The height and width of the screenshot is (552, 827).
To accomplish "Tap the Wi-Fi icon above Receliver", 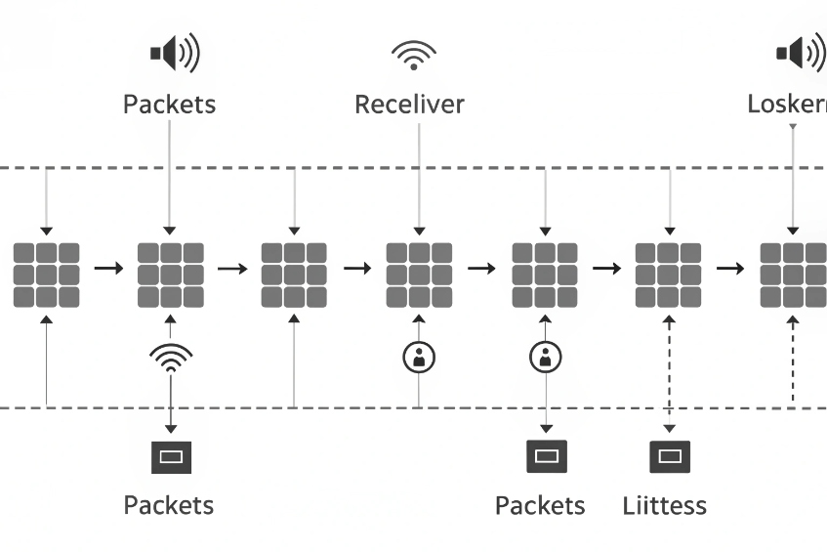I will pyautogui.click(x=414, y=55).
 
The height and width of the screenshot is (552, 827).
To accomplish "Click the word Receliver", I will pyautogui.click(x=409, y=104).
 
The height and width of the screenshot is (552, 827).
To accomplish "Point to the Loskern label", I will pyautogui.click(x=786, y=104).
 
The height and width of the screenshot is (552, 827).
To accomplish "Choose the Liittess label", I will pyautogui.click(x=664, y=505).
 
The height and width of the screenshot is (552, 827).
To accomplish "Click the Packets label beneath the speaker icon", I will pyautogui.click(x=169, y=104).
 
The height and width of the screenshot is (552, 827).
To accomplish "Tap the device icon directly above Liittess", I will pyautogui.click(x=669, y=456).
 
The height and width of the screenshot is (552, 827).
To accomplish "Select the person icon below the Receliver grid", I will pyautogui.click(x=419, y=357).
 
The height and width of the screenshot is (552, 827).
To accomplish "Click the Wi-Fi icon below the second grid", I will pyautogui.click(x=170, y=358).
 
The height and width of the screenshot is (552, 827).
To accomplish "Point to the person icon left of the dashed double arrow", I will pyautogui.click(x=545, y=357).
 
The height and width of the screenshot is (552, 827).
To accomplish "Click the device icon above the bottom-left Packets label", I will pyautogui.click(x=171, y=456).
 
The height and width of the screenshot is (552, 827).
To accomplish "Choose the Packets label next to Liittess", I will pyautogui.click(x=540, y=505).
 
